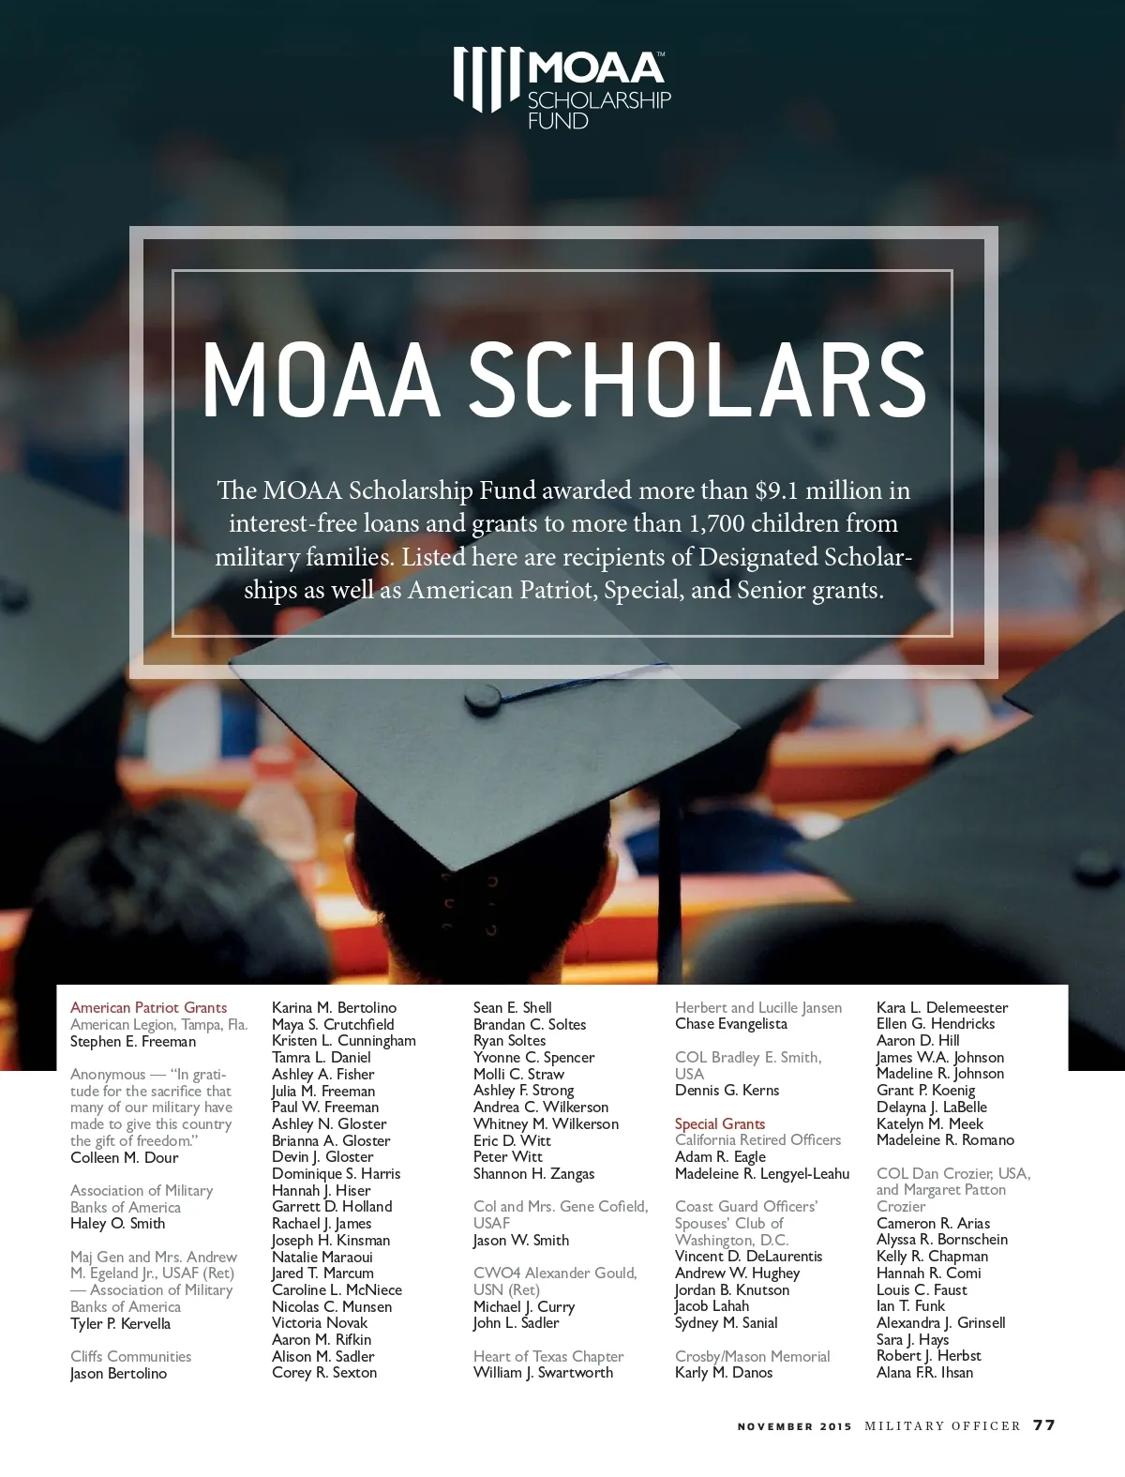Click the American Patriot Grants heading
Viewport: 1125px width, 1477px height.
click(148, 1008)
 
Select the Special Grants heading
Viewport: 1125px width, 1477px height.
click(719, 1123)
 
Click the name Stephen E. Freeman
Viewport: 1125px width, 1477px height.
click(133, 1042)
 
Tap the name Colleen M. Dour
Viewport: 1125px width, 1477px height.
click(124, 1157)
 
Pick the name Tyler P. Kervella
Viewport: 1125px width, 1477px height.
click(120, 1323)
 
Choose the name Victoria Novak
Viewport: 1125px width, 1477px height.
click(319, 1323)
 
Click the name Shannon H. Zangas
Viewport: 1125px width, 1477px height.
click(533, 1174)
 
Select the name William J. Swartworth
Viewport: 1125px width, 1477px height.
click(543, 1373)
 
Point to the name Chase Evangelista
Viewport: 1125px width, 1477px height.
click(730, 1024)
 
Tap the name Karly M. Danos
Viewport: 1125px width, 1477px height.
click(724, 1373)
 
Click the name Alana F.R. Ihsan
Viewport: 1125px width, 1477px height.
click(924, 1373)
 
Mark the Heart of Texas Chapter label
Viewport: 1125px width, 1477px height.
click(548, 1356)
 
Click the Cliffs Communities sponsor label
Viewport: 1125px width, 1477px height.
click(130, 1356)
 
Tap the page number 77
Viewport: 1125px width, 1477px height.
click(1043, 1425)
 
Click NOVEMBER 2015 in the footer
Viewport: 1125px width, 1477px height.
click(794, 1426)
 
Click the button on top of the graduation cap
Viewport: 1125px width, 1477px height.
click(482, 695)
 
